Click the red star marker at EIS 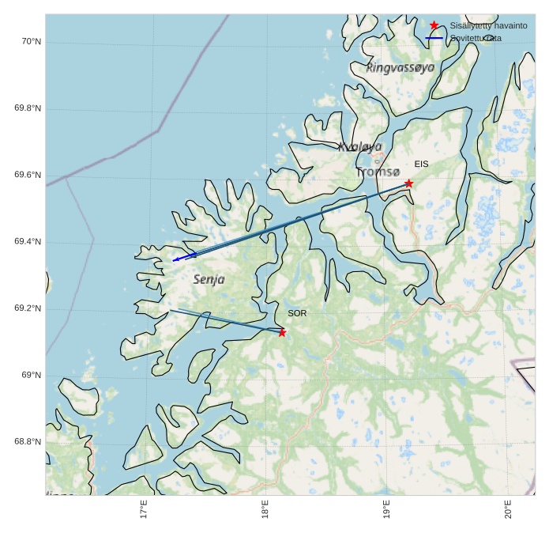[408, 183]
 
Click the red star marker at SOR [282, 332]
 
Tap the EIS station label [421, 164]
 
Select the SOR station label [297, 313]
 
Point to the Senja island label [209, 279]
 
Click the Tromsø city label [378, 172]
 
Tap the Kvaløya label [359, 146]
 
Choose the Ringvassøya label [400, 68]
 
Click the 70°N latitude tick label [31, 41]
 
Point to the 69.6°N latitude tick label [28, 175]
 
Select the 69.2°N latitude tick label [28, 308]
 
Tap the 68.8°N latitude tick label [28, 442]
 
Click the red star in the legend [434, 25]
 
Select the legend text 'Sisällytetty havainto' [488, 25]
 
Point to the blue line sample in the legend [434, 38]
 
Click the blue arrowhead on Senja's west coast [176, 259]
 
